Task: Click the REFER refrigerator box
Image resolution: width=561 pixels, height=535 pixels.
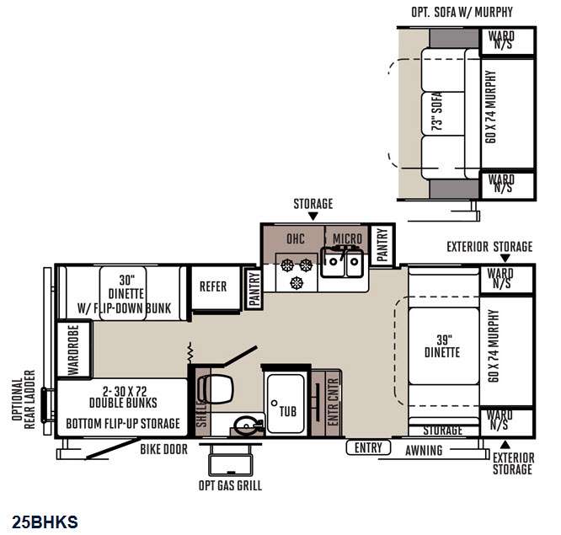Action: [x=216, y=288]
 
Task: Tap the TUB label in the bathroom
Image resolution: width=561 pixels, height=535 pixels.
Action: [x=287, y=411]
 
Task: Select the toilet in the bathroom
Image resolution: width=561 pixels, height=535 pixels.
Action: [x=216, y=389]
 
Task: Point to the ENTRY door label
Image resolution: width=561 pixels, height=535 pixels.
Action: [x=368, y=447]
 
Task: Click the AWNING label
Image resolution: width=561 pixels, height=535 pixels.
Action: [x=424, y=450]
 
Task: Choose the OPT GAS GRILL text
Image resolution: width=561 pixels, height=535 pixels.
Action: [x=230, y=485]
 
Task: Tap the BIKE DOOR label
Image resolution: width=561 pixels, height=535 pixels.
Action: [x=164, y=449]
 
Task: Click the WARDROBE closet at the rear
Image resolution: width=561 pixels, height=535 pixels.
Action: [x=74, y=350]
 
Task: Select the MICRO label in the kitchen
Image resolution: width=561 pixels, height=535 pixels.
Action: [x=347, y=238]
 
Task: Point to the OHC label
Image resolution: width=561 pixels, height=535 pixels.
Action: [x=296, y=238]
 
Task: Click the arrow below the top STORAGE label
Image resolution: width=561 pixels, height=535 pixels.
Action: [x=313, y=217]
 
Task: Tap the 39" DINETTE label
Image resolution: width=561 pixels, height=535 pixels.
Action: [x=442, y=346]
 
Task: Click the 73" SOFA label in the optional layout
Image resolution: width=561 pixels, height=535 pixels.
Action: [x=437, y=111]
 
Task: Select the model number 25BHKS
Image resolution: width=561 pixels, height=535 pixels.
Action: [x=45, y=522]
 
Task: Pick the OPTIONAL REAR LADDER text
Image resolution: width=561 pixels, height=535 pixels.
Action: [x=24, y=399]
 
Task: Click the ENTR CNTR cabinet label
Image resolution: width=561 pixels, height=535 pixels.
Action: [x=333, y=402]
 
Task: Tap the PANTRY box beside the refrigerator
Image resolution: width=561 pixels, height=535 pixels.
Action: [x=254, y=289]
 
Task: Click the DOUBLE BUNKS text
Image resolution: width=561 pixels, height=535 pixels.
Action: [x=123, y=403]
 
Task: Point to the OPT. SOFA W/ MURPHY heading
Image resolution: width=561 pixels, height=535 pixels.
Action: [x=462, y=12]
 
